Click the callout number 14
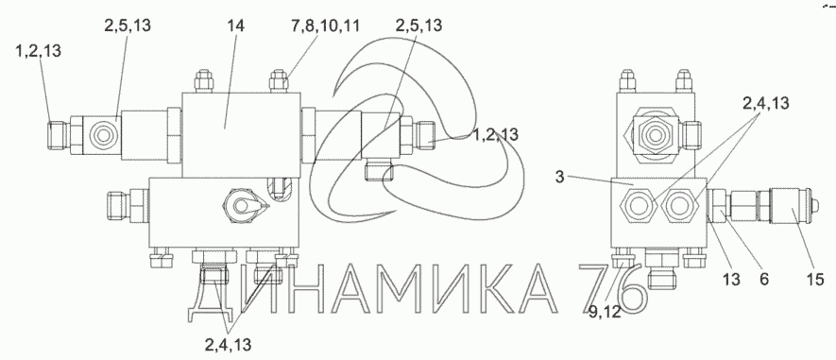point(235,26)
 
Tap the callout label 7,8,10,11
point(325,26)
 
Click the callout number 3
point(559,177)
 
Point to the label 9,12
point(606,313)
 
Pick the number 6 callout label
point(765,279)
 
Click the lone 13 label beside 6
point(731,279)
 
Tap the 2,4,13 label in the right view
point(765,102)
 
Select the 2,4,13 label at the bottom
point(228,345)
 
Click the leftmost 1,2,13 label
point(39,51)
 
